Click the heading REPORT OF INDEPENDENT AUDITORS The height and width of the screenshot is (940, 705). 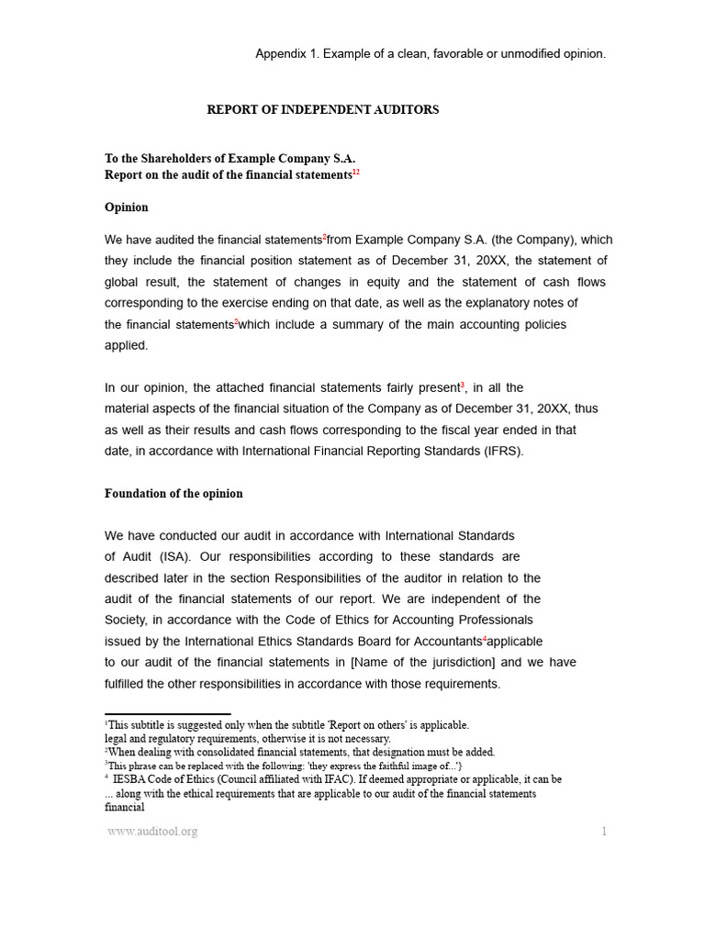(x=322, y=110)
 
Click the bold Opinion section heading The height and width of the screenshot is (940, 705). (x=127, y=207)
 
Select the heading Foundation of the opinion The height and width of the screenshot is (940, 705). (x=173, y=494)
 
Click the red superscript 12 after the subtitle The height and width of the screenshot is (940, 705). (x=356, y=172)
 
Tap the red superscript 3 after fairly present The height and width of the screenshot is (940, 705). (x=463, y=385)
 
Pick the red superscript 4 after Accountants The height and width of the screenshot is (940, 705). (x=485, y=638)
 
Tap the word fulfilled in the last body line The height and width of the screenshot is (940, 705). (x=129, y=684)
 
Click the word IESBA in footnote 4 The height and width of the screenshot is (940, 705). (x=130, y=779)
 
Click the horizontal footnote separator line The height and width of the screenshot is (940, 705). (x=167, y=713)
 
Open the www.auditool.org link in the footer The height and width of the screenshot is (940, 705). (x=152, y=832)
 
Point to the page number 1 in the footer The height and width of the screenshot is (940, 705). (x=604, y=832)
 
